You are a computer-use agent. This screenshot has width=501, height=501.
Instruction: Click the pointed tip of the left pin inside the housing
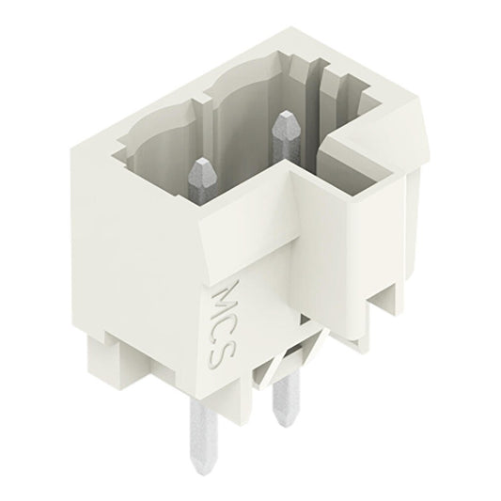(200, 166)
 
